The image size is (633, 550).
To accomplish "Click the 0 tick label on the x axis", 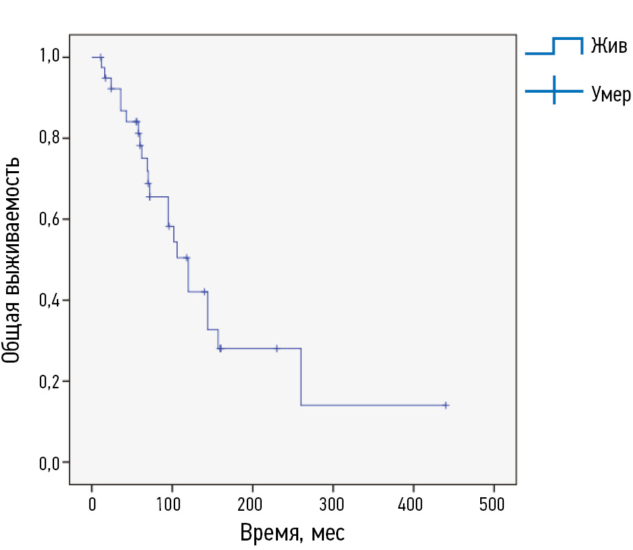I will [92, 505].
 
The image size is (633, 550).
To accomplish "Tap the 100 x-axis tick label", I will [172, 505].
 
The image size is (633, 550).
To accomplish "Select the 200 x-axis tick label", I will [252, 505].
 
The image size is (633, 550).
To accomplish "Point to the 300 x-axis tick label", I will [333, 505].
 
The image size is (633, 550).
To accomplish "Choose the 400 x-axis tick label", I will [413, 505].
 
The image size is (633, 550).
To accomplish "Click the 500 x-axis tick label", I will [494, 505].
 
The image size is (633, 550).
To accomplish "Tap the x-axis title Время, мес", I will [292, 533].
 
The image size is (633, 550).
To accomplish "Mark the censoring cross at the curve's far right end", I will [446, 405].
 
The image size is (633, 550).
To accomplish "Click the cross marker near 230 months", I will [277, 348].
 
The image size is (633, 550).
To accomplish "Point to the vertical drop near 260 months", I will [301, 377].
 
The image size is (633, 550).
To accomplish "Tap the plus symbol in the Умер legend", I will [554, 91].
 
